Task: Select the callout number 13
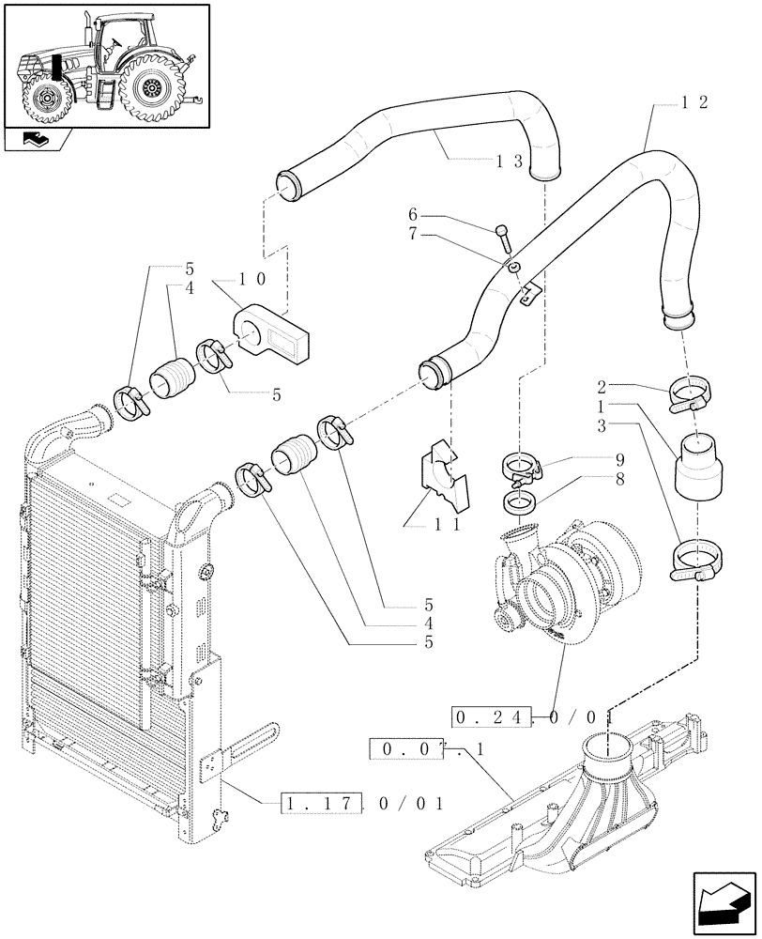pyautogui.click(x=509, y=162)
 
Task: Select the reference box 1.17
pyautogui.click(x=314, y=804)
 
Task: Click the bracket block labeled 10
pyautogui.click(x=271, y=330)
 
